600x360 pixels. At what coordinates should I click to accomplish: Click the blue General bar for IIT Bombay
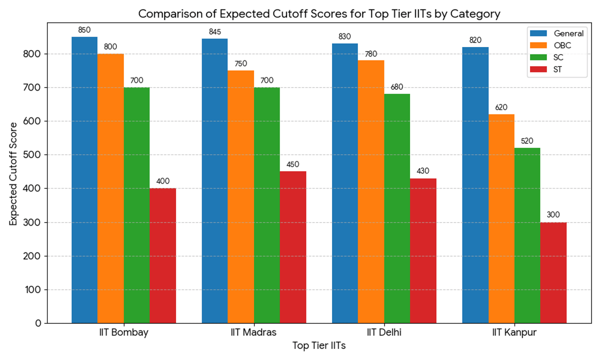(x=84, y=180)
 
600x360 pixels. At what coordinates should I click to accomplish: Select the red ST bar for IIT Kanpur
(x=553, y=272)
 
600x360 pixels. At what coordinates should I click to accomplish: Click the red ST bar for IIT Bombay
(x=162, y=255)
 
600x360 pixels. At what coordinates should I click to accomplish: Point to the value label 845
(x=214, y=32)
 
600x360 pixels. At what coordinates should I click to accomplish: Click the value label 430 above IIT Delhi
(x=423, y=171)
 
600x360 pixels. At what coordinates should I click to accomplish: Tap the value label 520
(x=527, y=141)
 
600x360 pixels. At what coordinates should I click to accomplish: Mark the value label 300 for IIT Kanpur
(x=553, y=215)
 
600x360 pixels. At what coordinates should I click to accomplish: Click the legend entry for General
(x=568, y=33)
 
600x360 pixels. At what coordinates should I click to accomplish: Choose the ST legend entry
(x=557, y=69)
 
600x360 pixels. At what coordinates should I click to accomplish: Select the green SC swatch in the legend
(x=538, y=57)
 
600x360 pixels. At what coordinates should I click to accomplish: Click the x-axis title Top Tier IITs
(x=319, y=346)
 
